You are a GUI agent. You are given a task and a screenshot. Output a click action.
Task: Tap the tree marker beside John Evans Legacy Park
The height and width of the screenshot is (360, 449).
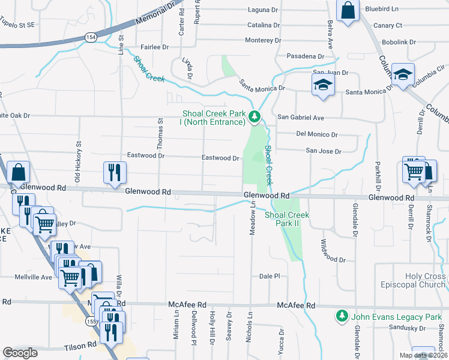342,316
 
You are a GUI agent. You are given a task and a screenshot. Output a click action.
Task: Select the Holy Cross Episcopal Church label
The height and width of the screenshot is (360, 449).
417,281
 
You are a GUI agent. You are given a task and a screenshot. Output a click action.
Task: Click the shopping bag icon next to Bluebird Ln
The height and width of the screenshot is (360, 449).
348,11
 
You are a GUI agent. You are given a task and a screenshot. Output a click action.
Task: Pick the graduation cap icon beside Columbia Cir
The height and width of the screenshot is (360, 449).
403,74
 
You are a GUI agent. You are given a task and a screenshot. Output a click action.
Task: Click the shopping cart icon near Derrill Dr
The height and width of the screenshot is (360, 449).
414,171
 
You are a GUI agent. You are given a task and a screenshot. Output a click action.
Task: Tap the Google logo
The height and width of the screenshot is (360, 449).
20,353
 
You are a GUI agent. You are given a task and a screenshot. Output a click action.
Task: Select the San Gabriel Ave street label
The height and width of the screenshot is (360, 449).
300,118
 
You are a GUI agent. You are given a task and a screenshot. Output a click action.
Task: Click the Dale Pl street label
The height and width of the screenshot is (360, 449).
270,276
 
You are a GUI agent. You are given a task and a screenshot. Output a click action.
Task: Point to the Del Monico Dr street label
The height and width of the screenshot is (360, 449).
317,134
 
